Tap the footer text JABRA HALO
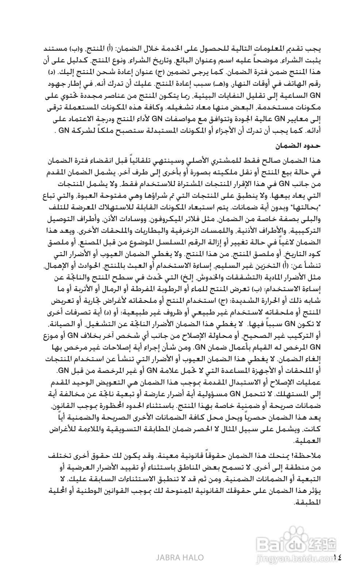click(x=180, y=557)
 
